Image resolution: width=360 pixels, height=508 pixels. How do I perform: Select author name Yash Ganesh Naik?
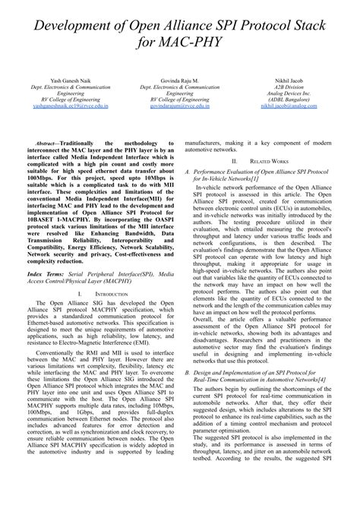click(x=70, y=79)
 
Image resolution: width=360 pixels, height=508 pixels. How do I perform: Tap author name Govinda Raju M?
click(x=180, y=79)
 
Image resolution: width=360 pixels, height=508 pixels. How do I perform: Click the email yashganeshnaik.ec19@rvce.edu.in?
click(x=70, y=106)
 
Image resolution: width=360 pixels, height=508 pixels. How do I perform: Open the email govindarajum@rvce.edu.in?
click(x=180, y=106)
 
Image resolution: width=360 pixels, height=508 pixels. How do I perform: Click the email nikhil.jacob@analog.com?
click(x=289, y=106)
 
